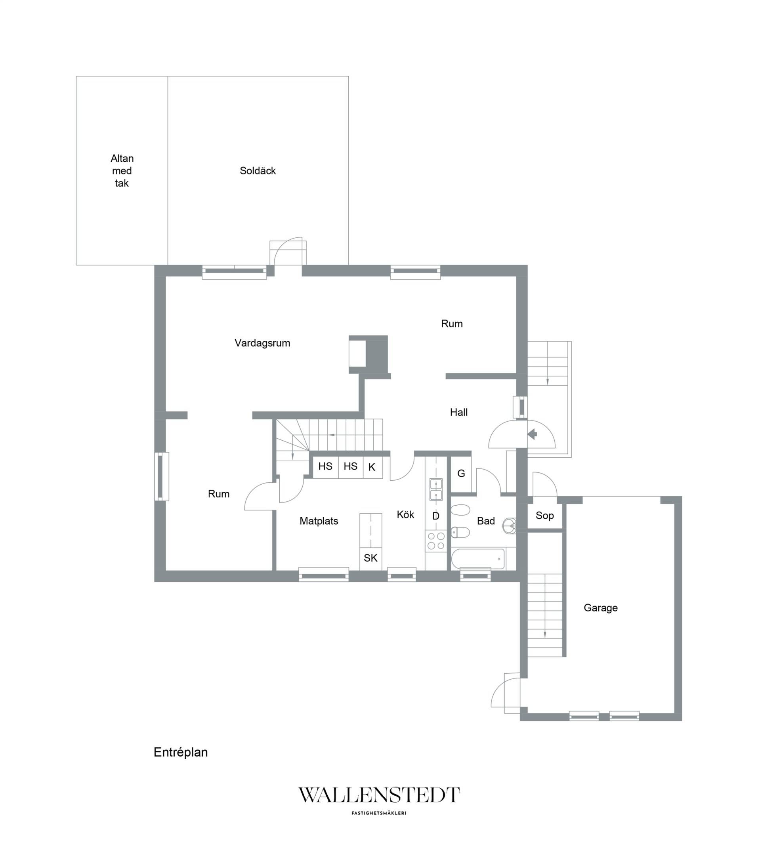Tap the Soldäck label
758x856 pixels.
pyautogui.click(x=258, y=171)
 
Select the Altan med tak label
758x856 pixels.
pyautogui.click(x=122, y=171)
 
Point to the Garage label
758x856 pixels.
pyautogui.click(x=601, y=608)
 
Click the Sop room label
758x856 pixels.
pyautogui.click(x=544, y=516)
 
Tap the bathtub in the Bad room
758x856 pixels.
pyautogui.click(x=478, y=559)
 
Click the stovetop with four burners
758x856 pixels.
pyautogui.click(x=436, y=541)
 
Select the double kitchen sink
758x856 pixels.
pyautogui.click(x=436, y=489)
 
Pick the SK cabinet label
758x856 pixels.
pyautogui.click(x=370, y=558)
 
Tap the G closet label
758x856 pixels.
pyautogui.click(x=461, y=474)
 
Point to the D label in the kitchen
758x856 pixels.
pyautogui.click(x=435, y=516)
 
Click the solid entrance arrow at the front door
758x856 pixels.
pyautogui.click(x=532, y=434)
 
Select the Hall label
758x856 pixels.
pyautogui.click(x=458, y=413)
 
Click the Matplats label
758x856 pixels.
pyautogui.click(x=319, y=522)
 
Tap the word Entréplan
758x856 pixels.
pyautogui.click(x=181, y=752)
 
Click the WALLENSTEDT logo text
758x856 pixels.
pyautogui.click(x=379, y=795)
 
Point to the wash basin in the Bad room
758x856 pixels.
pyautogui.click(x=509, y=525)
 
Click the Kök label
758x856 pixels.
pyautogui.click(x=405, y=515)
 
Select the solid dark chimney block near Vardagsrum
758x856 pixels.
pyautogui.click(x=376, y=354)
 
